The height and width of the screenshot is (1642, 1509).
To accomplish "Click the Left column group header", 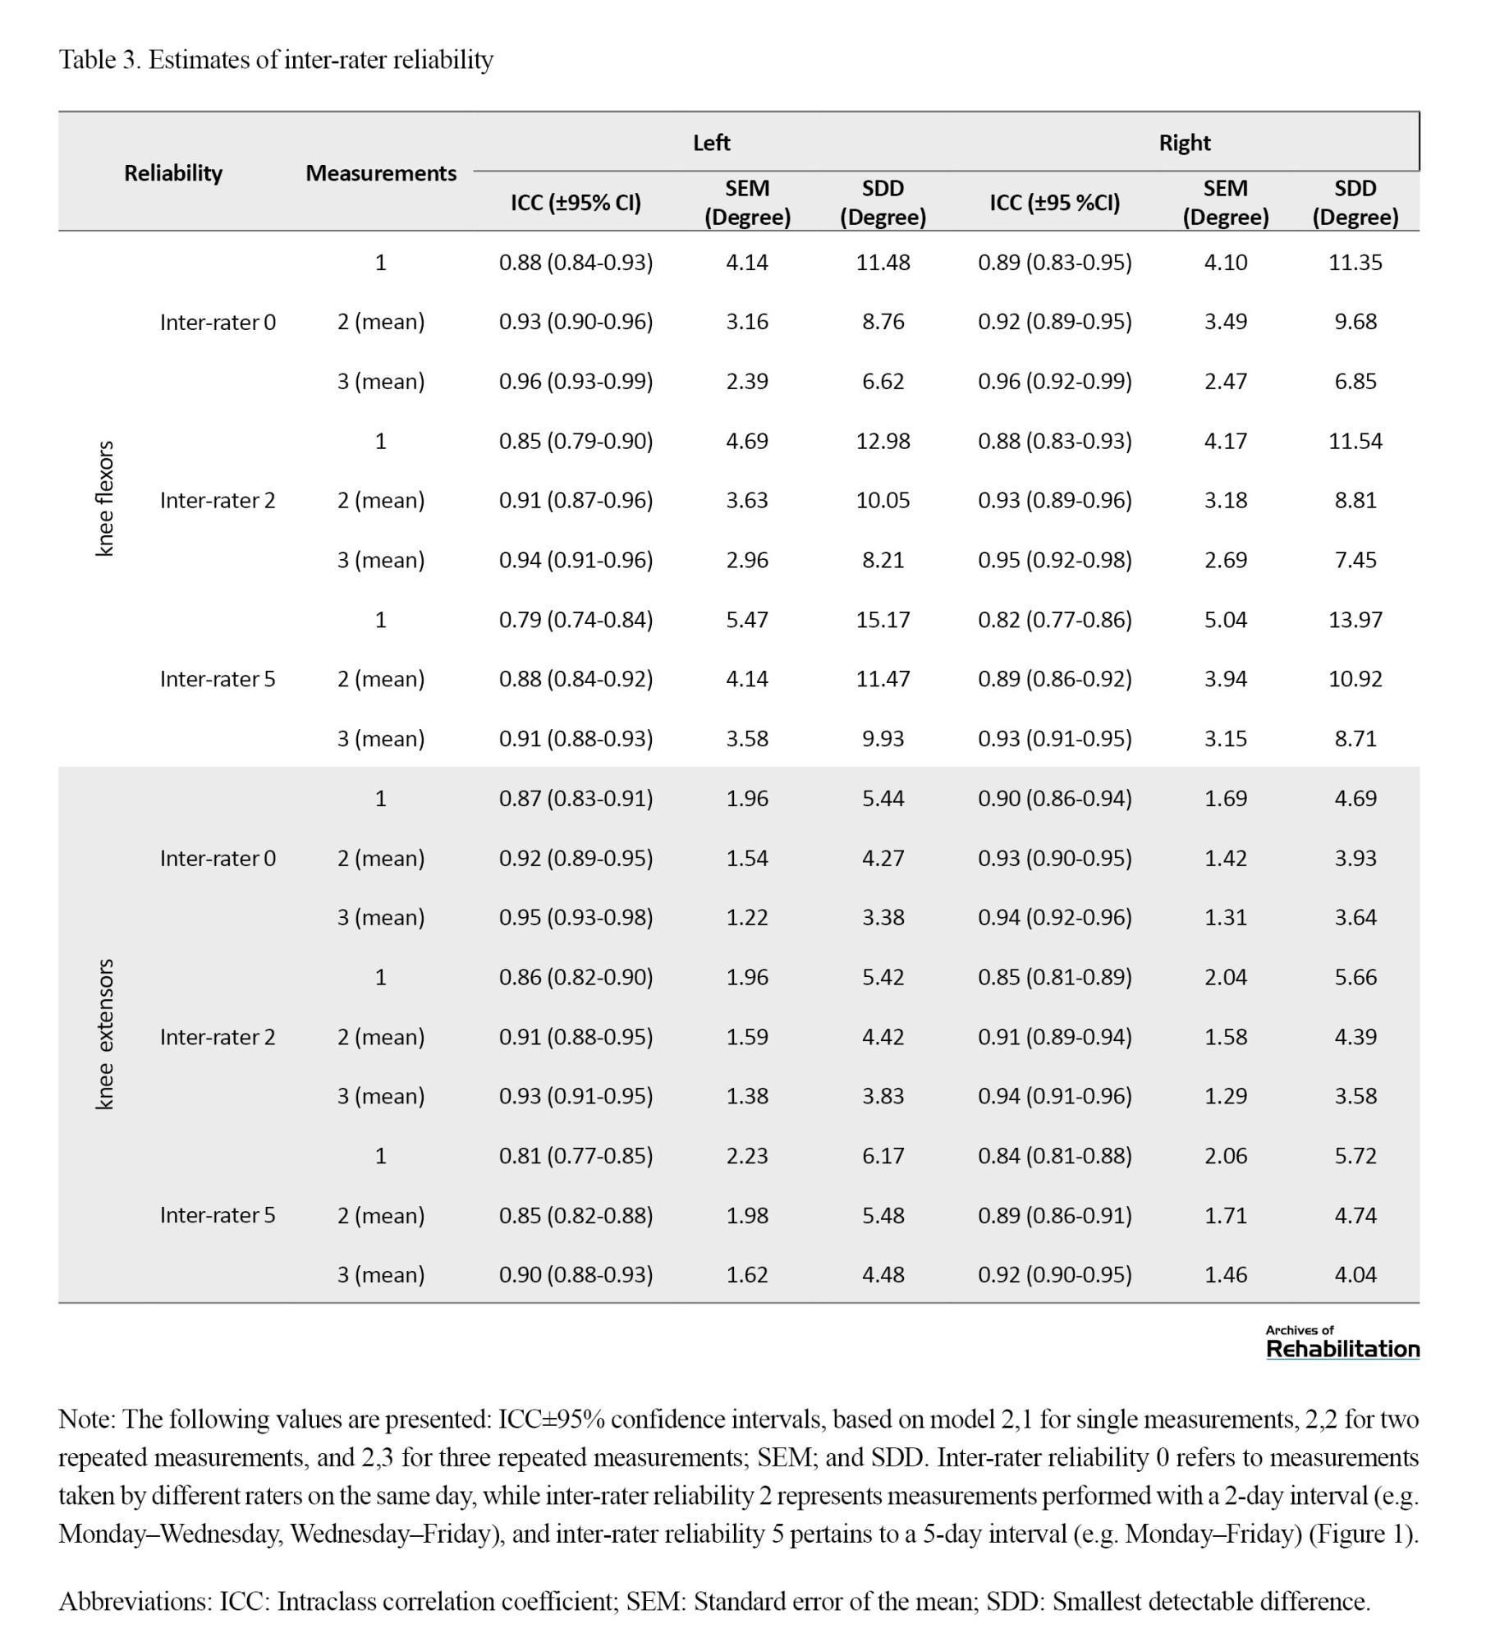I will [711, 143].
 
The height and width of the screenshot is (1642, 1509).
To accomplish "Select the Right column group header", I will [1184, 143].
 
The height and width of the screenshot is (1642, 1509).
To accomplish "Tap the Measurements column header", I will [381, 173].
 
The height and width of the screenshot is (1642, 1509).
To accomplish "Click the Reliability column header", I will [173, 173].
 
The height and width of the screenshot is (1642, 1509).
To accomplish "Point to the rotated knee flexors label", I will [105, 498].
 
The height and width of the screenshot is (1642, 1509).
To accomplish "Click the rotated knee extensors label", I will [105, 1034].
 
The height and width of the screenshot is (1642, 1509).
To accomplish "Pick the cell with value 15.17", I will [883, 619].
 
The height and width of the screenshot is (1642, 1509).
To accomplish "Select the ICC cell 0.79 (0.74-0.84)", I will [576, 619].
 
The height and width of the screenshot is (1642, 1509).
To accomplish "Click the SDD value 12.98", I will [883, 441].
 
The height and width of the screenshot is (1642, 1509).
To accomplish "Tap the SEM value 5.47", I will [747, 619].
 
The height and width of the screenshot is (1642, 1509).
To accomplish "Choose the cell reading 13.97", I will [1355, 619].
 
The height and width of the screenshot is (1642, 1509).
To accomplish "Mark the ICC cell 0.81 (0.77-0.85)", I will [576, 1155].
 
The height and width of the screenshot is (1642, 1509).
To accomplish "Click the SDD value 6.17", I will [883, 1155].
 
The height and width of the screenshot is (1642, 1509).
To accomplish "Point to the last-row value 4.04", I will [1355, 1274].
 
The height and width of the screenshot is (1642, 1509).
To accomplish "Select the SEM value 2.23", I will [747, 1155].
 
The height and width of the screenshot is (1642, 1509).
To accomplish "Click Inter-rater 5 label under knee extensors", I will [218, 1215].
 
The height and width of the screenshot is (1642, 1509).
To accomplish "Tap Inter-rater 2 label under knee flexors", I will [218, 500].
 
